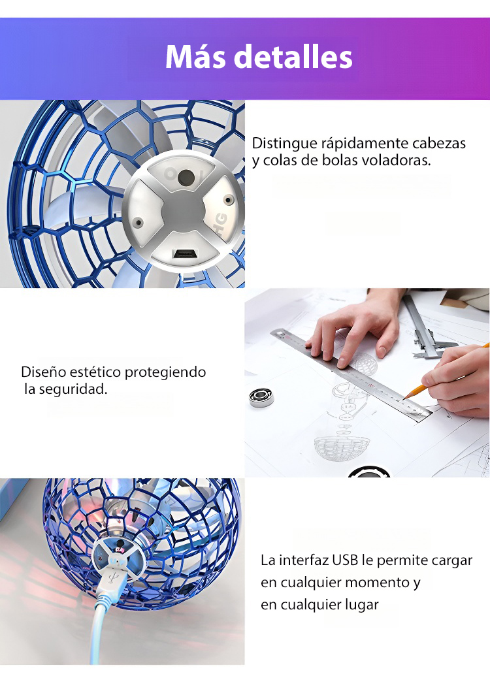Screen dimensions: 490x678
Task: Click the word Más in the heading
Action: (195, 57)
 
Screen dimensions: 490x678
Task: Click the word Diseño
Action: (43, 372)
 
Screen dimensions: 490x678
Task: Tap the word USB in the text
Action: (345, 560)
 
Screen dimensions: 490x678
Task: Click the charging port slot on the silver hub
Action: (184, 254)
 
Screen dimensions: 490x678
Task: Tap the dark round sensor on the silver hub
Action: (186, 177)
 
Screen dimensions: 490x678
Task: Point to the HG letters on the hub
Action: (221, 219)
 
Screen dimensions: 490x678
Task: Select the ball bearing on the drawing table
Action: (261, 397)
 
